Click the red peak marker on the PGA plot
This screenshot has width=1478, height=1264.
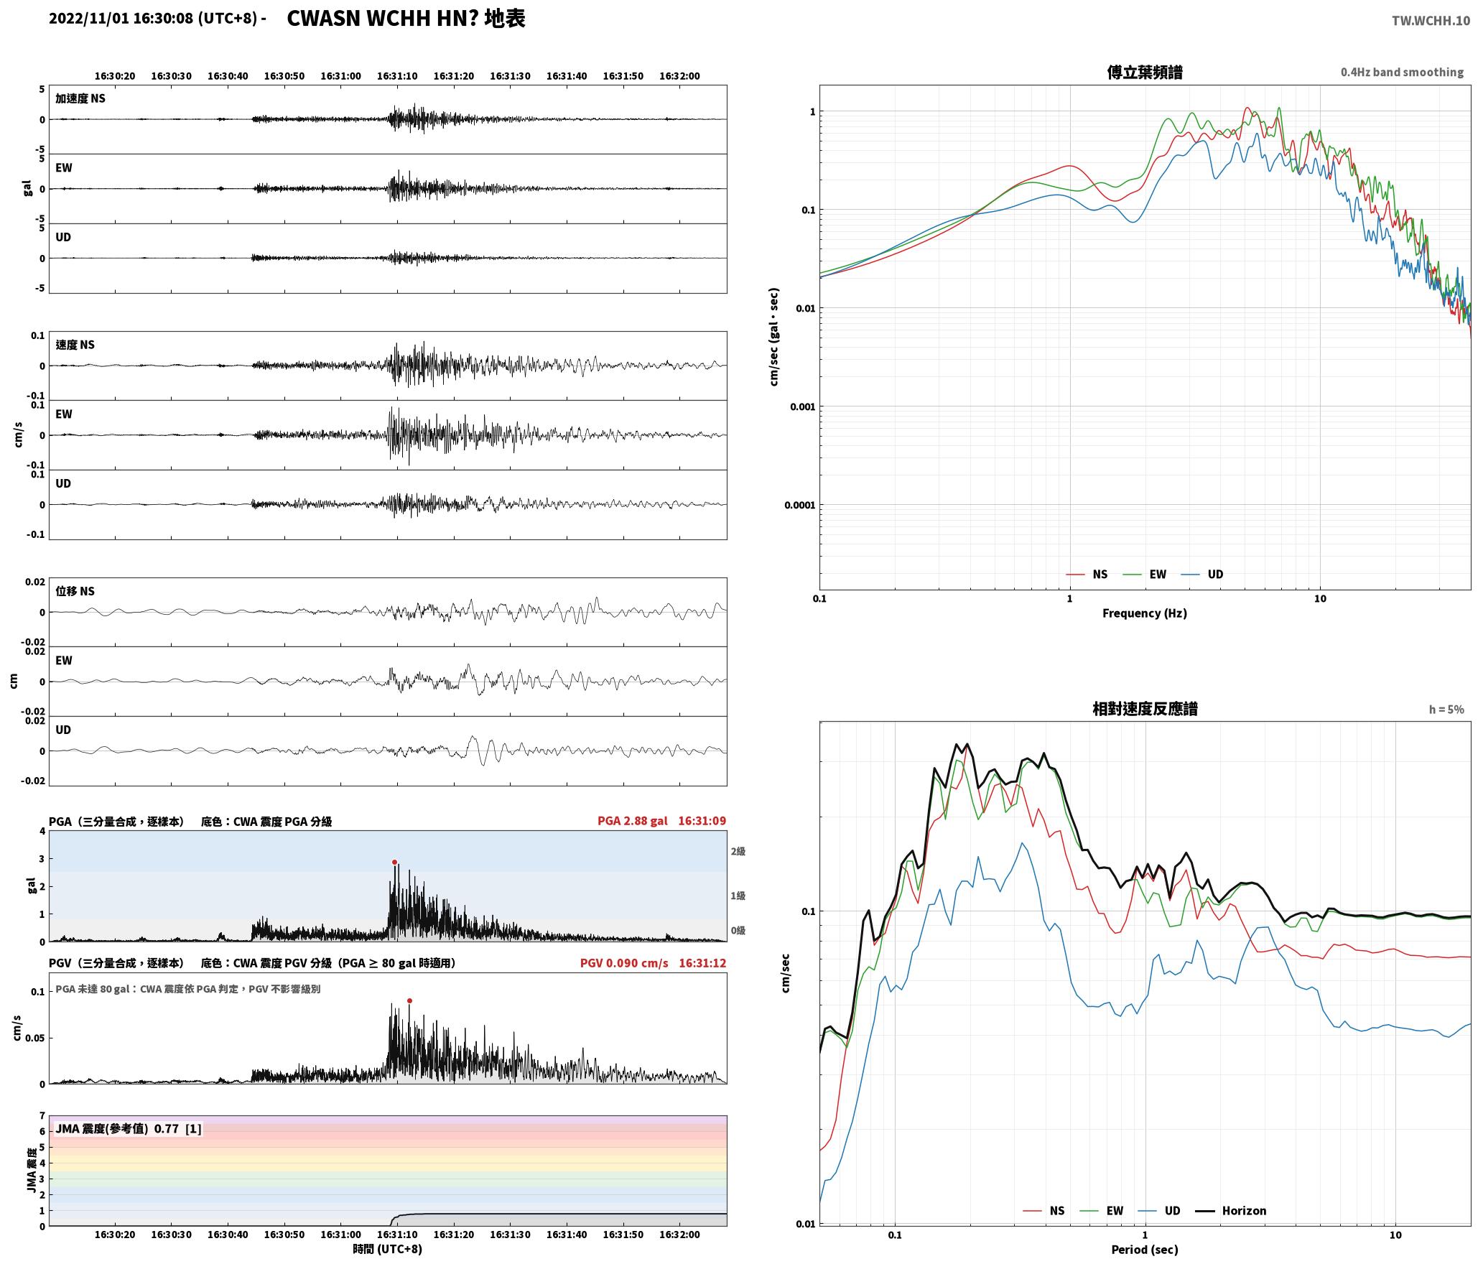(x=394, y=862)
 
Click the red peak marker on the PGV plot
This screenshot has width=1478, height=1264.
(x=409, y=1000)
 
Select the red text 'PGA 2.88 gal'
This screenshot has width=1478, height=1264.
(x=632, y=821)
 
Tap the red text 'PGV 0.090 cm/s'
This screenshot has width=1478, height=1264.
(x=623, y=963)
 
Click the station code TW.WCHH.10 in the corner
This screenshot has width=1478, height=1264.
(x=1431, y=21)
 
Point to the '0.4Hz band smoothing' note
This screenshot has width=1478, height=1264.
(x=1402, y=72)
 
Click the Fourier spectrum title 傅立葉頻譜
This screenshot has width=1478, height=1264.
(x=1145, y=72)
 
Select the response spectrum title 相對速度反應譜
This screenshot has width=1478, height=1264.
(x=1145, y=709)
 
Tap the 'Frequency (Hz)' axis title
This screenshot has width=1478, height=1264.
(x=1145, y=613)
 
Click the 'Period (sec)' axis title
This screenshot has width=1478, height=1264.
(x=1145, y=1249)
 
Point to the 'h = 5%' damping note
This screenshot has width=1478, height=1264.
(x=1446, y=710)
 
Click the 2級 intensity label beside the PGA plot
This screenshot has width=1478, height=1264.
(x=738, y=851)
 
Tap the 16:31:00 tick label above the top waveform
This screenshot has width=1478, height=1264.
(x=340, y=76)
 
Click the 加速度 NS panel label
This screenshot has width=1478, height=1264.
(x=80, y=98)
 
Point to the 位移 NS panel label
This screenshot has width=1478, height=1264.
(x=75, y=591)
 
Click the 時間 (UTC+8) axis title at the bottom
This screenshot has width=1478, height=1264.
(x=388, y=1249)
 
